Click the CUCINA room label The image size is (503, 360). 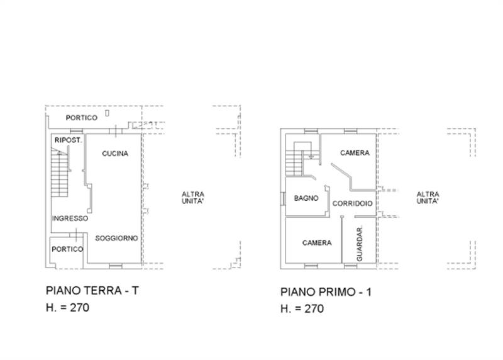[x=115, y=154]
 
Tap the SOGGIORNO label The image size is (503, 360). [x=116, y=239]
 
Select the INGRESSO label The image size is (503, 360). [x=70, y=218]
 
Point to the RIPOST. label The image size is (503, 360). [x=68, y=140]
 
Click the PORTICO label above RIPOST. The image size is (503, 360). [x=82, y=118]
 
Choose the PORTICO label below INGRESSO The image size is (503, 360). [x=68, y=249]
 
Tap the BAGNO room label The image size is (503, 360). [x=307, y=198]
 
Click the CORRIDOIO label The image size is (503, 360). [x=353, y=203]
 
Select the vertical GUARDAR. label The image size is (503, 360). [x=360, y=244]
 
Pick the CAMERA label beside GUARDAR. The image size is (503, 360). [x=316, y=243]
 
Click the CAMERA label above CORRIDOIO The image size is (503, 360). [x=355, y=153]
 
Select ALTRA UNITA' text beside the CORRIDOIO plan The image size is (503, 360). [x=428, y=198]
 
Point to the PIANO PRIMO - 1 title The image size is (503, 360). [x=323, y=292]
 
